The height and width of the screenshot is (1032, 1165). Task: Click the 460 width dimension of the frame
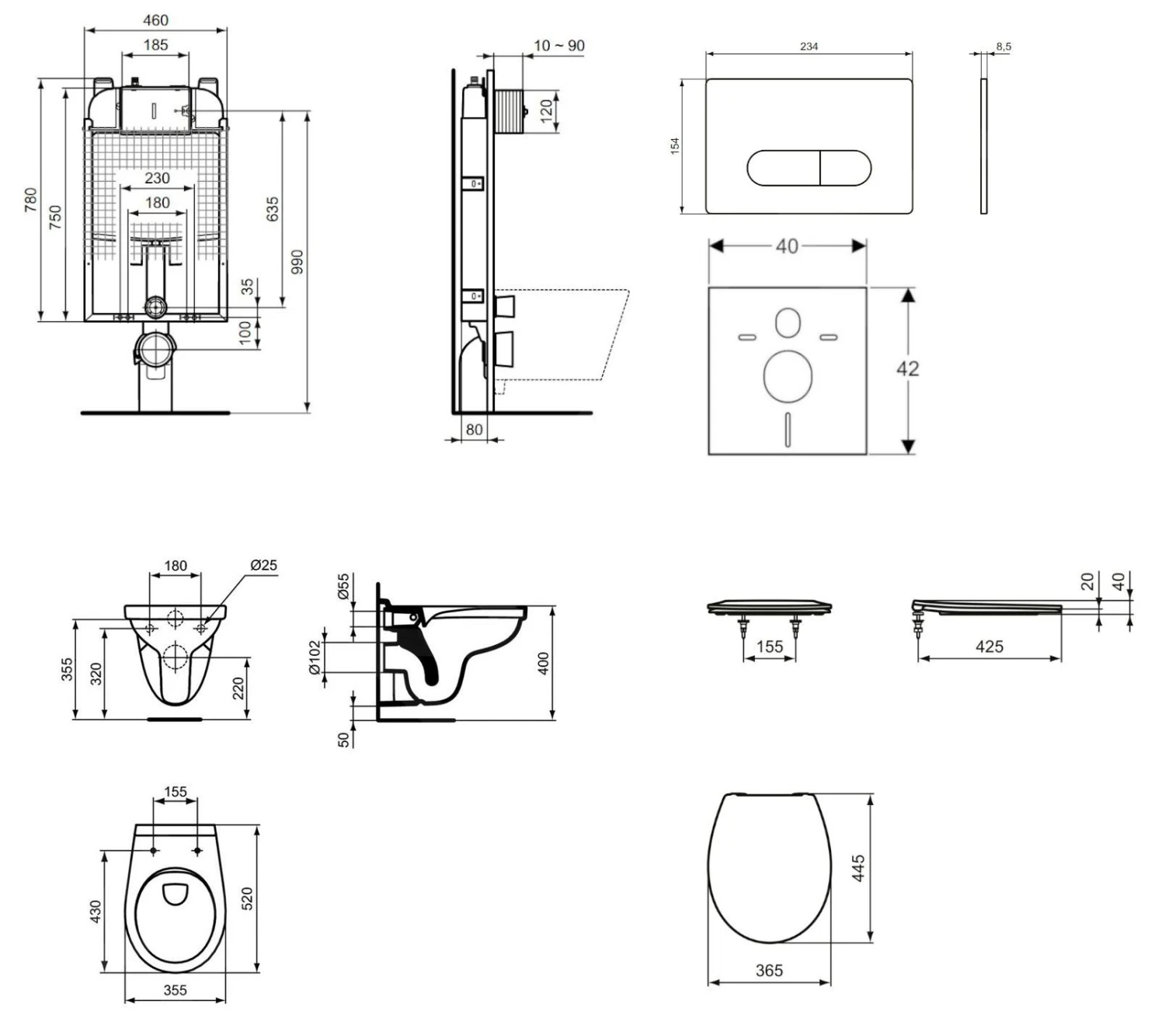click(x=155, y=20)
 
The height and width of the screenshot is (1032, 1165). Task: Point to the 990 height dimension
click(x=297, y=262)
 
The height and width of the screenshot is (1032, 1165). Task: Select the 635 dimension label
click(x=273, y=209)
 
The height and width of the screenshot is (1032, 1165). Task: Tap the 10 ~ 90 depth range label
click(x=558, y=46)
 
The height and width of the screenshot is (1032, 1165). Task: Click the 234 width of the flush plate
click(x=809, y=47)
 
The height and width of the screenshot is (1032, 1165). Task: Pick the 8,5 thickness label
click(x=1003, y=47)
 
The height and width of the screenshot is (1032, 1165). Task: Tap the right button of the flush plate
click(x=845, y=168)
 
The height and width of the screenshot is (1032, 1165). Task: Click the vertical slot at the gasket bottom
click(x=788, y=429)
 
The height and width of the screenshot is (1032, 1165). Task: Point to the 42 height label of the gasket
click(x=907, y=368)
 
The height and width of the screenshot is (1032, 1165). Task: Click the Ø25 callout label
click(x=263, y=565)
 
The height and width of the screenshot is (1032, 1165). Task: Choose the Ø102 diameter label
click(x=315, y=657)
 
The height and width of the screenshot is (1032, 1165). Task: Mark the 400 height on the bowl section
click(x=543, y=663)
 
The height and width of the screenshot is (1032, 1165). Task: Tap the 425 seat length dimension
click(x=989, y=646)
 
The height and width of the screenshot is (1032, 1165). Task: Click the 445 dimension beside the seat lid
click(x=858, y=868)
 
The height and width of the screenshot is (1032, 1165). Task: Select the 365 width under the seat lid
click(x=769, y=970)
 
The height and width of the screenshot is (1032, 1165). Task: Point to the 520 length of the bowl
click(x=248, y=899)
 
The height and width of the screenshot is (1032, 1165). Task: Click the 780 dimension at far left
click(x=30, y=199)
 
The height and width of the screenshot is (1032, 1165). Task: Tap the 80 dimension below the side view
click(x=474, y=429)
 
